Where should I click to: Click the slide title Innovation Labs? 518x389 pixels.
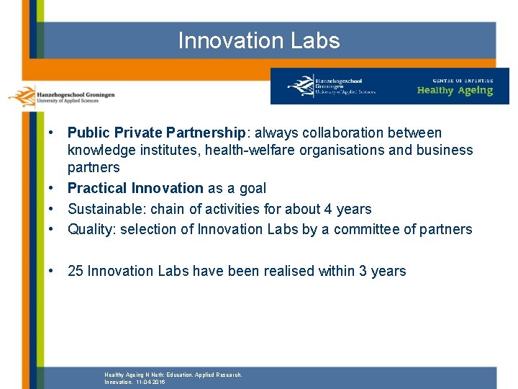pos(258,40)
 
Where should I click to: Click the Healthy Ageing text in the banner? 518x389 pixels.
pos(455,91)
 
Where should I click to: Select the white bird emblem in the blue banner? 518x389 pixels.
pos(300,86)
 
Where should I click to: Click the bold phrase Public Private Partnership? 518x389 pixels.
pos(156,133)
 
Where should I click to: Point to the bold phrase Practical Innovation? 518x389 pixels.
pos(135,188)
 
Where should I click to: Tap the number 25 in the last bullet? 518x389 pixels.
pos(76,271)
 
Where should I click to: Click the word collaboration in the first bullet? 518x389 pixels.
pos(335,133)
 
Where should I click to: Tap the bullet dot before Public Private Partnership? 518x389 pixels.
pos(53,133)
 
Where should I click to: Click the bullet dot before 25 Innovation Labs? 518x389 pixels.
pos(53,272)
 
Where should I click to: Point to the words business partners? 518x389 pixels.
pos(446,150)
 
